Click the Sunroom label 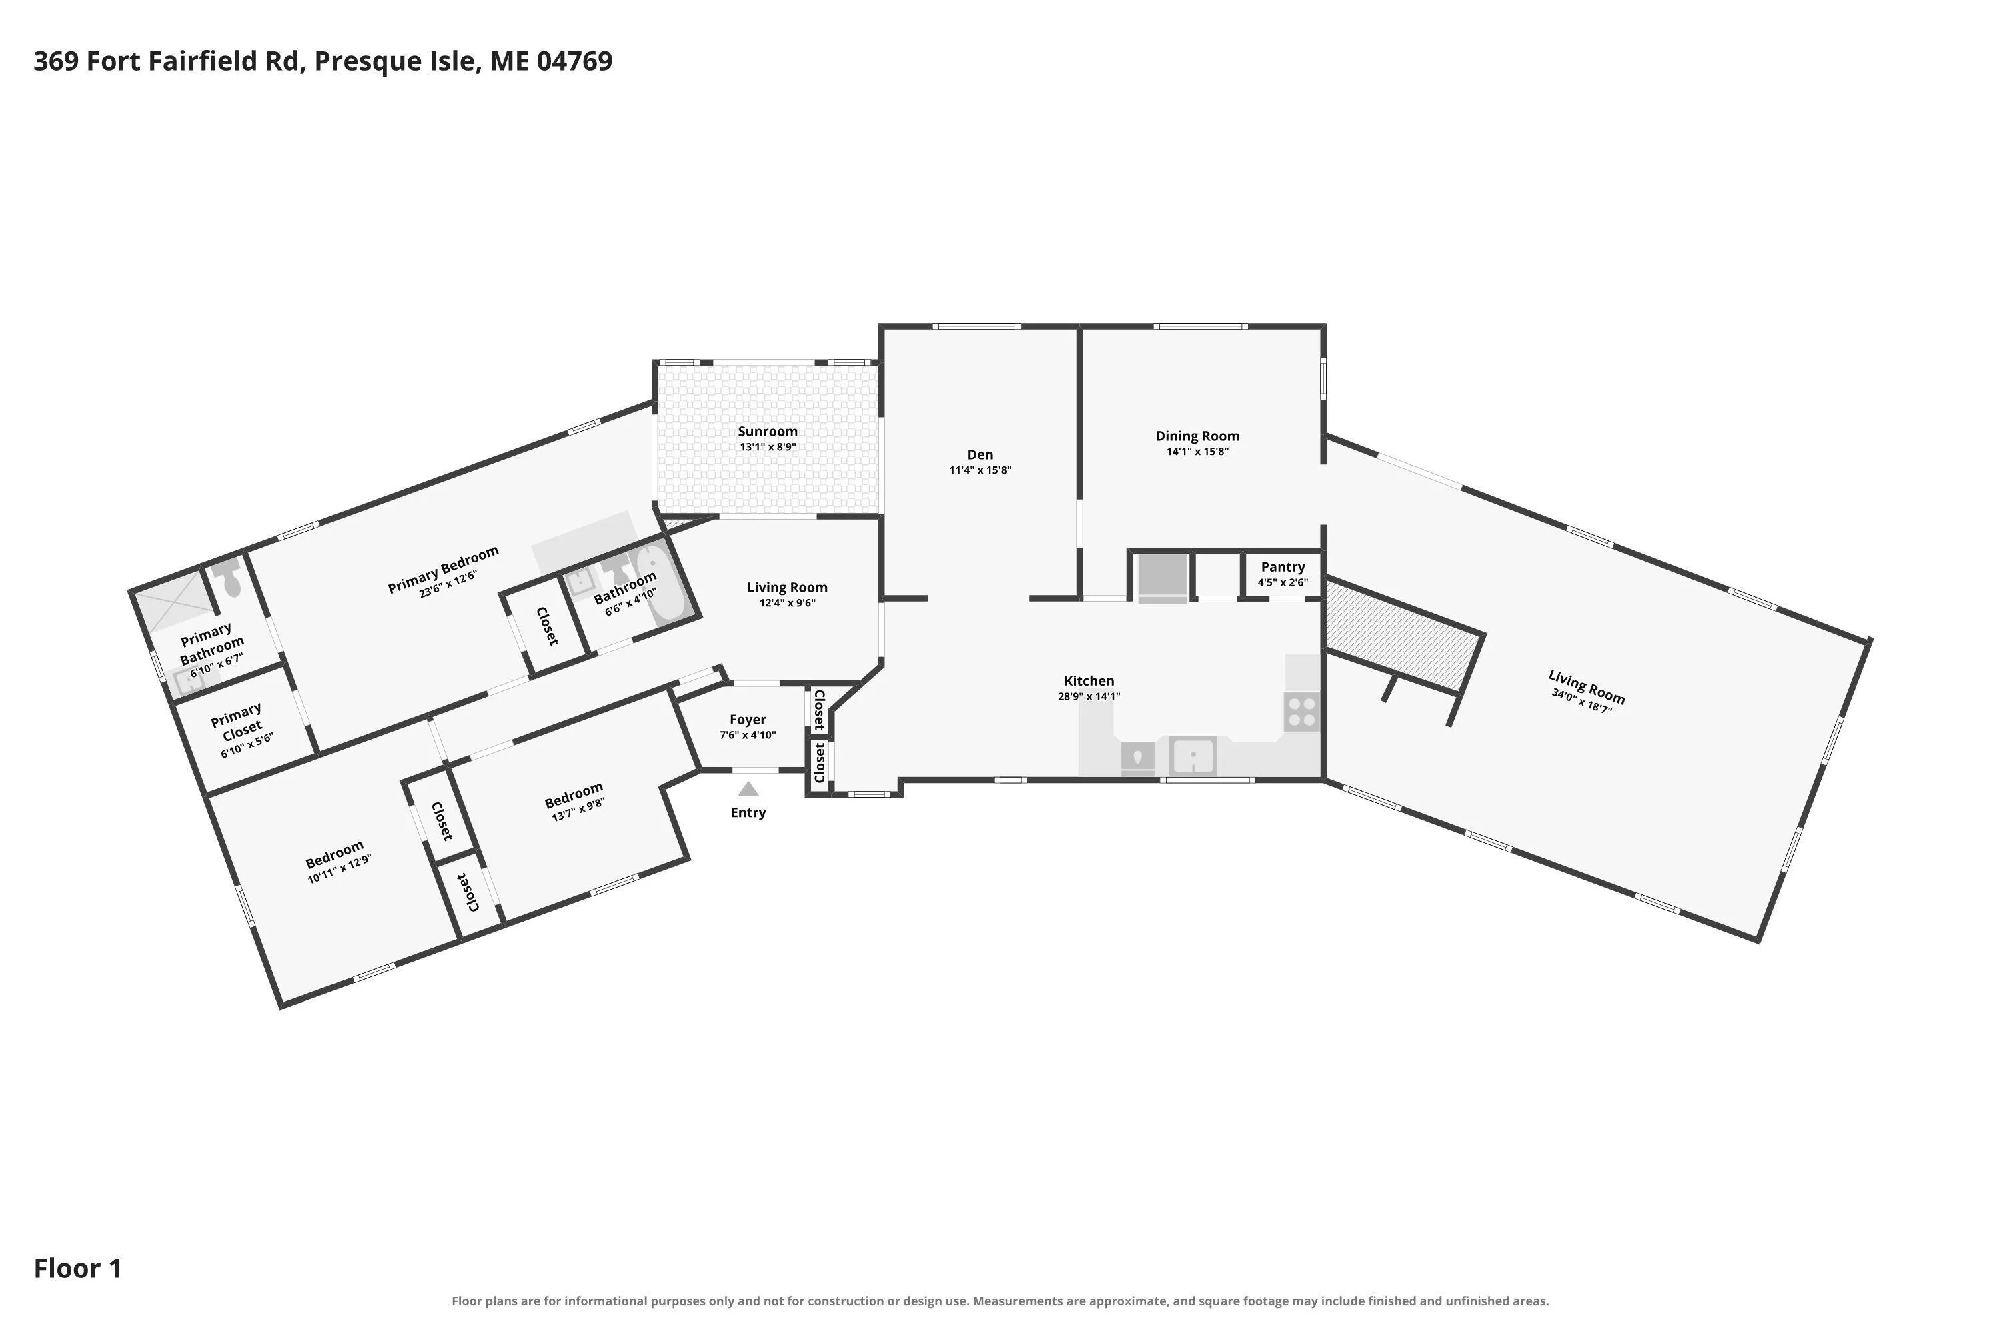(768, 432)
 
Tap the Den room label (980, 454)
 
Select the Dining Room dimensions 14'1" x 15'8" (1197, 452)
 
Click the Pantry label (1282, 566)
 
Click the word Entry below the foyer (748, 812)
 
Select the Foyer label (748, 720)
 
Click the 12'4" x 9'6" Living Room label (787, 587)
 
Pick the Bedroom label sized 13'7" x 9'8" (574, 796)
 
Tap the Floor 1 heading (77, 1269)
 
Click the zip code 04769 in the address (574, 61)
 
